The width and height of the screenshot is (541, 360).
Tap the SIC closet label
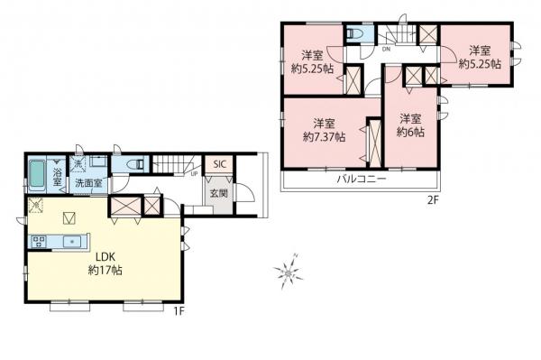(218, 165)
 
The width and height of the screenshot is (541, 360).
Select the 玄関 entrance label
(218, 193)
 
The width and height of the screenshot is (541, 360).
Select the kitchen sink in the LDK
(73, 240)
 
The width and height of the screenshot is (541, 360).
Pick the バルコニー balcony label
(362, 180)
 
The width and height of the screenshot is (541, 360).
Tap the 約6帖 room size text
(410, 132)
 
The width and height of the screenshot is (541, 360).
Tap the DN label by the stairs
(385, 50)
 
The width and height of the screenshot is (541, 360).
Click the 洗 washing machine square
(79, 164)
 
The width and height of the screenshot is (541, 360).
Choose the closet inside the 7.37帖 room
(372, 140)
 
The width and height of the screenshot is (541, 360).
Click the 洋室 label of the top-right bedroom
(479, 51)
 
